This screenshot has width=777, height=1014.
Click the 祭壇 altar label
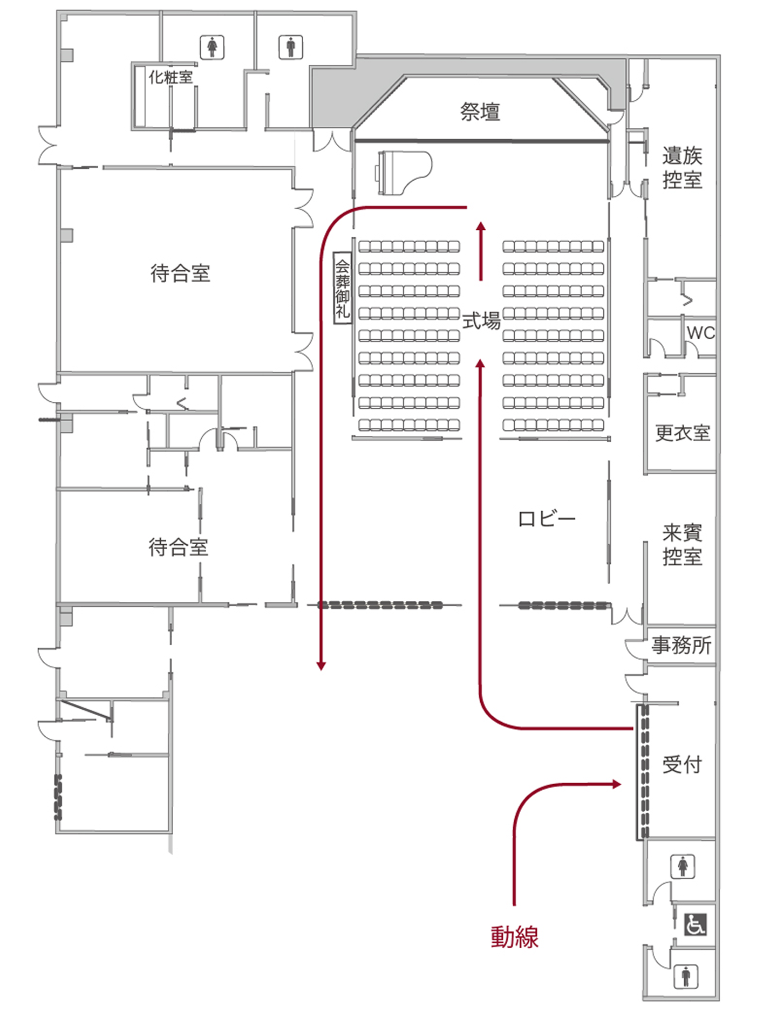pyautogui.click(x=480, y=112)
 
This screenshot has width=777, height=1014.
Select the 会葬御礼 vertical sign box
pyautogui.click(x=342, y=287)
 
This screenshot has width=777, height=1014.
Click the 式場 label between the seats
pyautogui.click(x=481, y=321)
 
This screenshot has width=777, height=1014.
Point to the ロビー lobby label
pyautogui.click(x=546, y=519)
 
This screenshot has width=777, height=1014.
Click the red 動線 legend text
pyautogui.click(x=514, y=937)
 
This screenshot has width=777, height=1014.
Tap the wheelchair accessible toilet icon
pyautogui.click(x=695, y=924)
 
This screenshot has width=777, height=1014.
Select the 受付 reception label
pyautogui.click(x=682, y=764)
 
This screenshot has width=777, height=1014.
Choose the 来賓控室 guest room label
pyautogui.click(x=682, y=545)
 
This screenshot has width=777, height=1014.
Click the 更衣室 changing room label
pyautogui.click(x=682, y=433)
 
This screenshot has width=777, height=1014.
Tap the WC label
pyautogui.click(x=700, y=333)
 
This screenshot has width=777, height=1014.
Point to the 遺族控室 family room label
pyautogui.click(x=682, y=167)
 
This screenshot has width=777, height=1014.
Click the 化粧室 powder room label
pyautogui.click(x=171, y=77)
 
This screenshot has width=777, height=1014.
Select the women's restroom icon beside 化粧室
pyautogui.click(x=212, y=47)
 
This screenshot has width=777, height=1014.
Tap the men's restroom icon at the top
pyautogui.click(x=291, y=47)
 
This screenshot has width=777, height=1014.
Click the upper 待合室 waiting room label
pyautogui.click(x=180, y=273)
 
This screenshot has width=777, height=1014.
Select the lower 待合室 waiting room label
pyautogui.click(x=178, y=547)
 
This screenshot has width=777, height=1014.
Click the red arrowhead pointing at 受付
pyautogui.click(x=617, y=784)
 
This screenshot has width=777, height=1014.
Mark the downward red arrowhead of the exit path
pyautogui.click(x=321, y=666)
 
